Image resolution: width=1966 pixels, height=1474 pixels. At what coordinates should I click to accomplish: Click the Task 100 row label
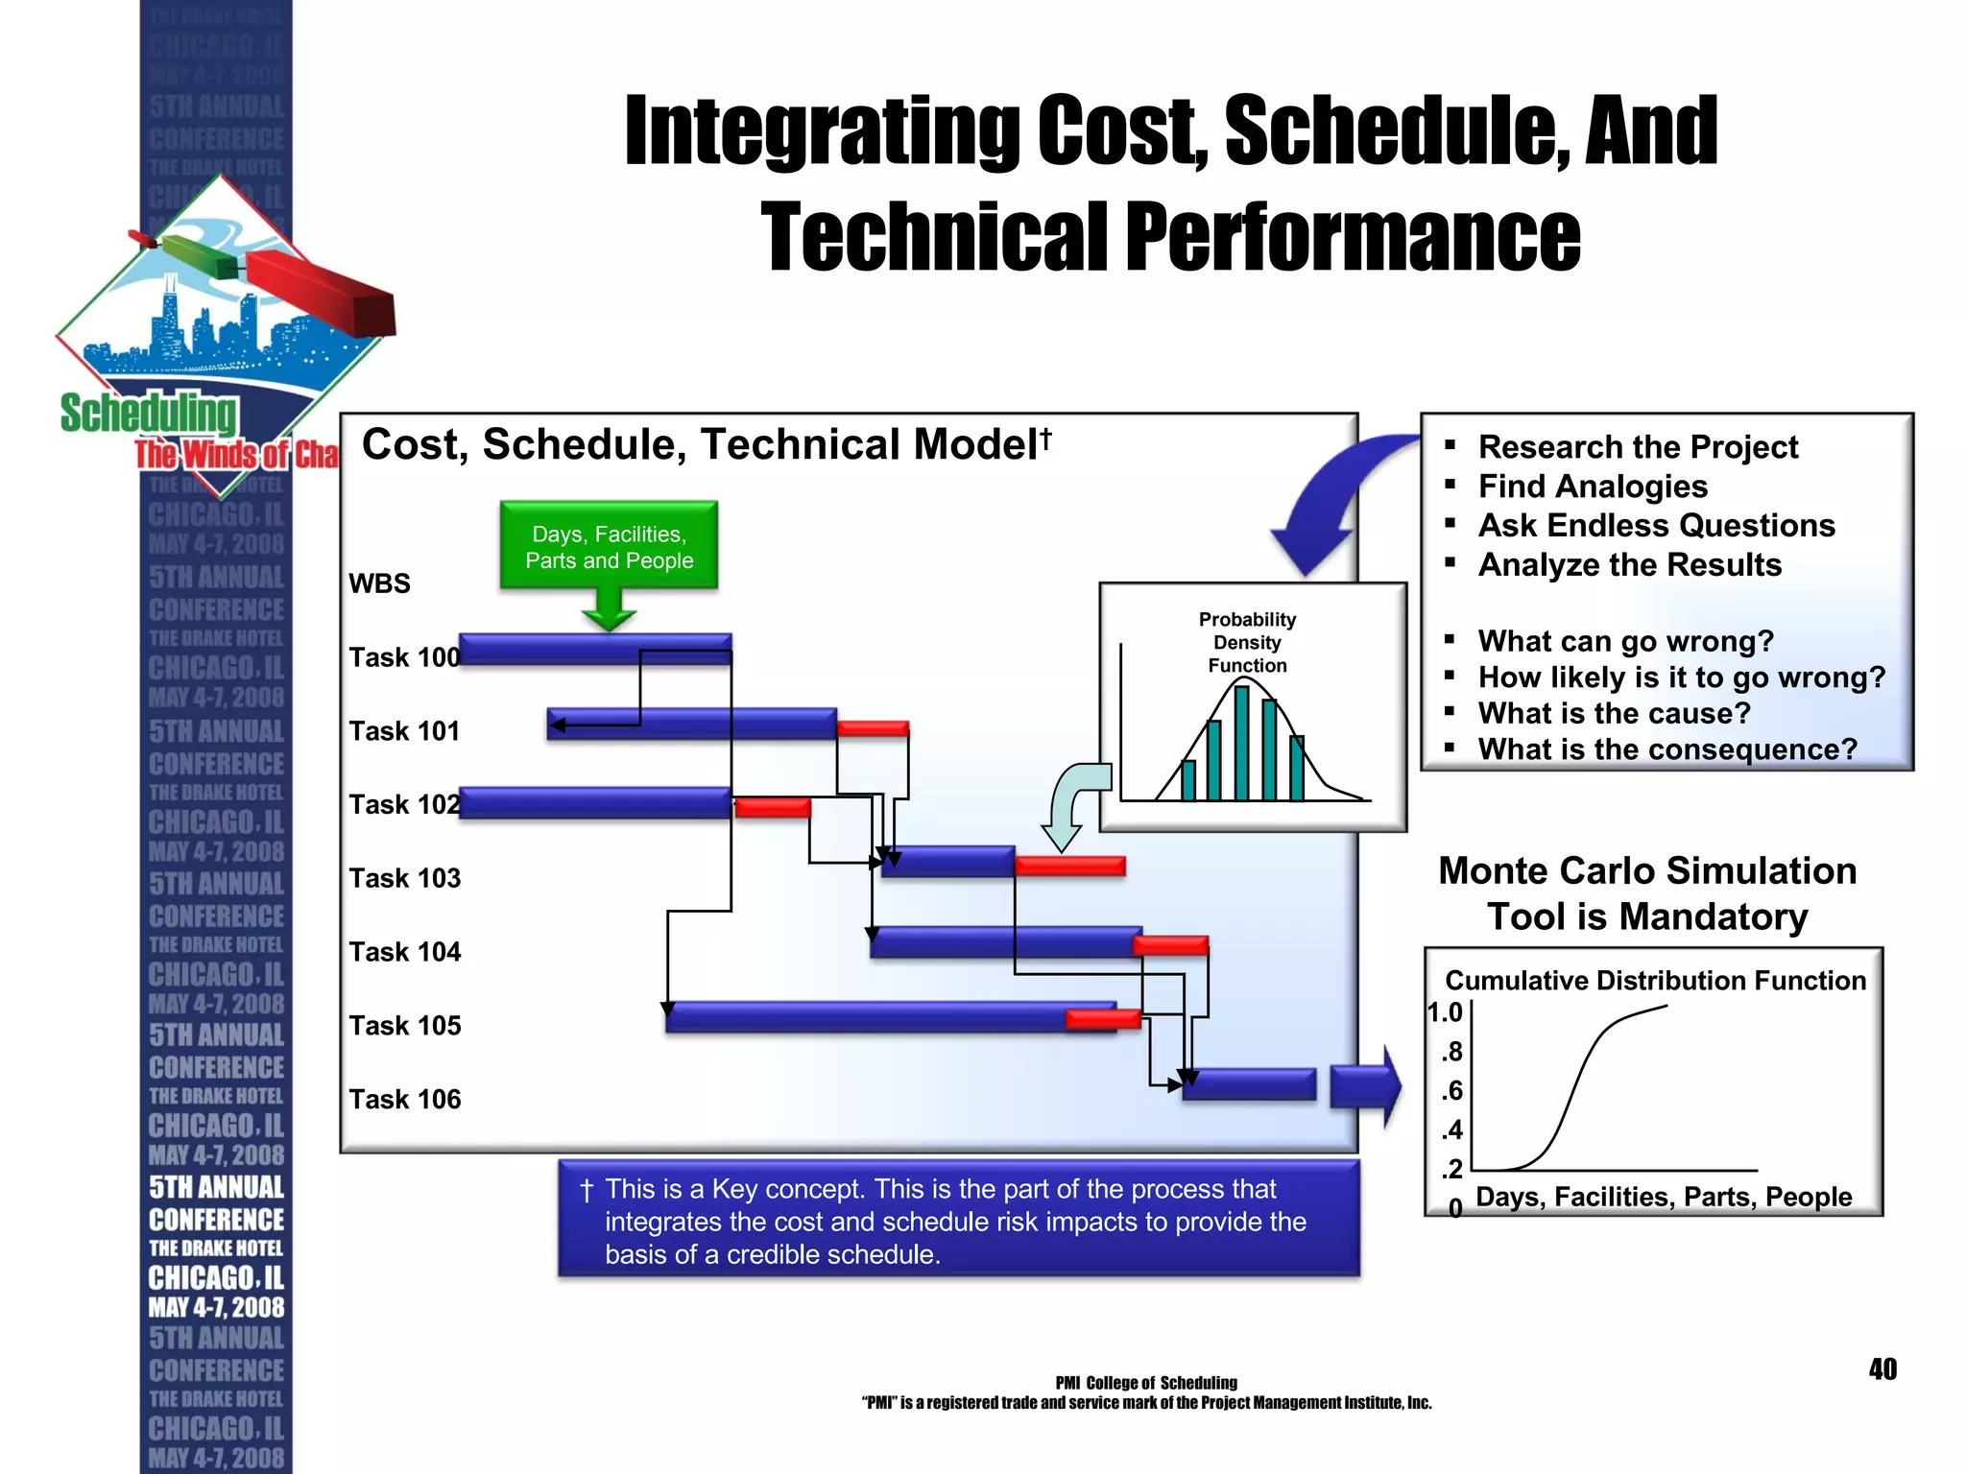404,657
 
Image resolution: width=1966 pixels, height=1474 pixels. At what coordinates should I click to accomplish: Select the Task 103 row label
404,878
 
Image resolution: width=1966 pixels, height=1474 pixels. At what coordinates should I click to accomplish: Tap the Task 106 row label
404,1099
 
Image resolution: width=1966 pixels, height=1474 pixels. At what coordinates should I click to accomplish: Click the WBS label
379,583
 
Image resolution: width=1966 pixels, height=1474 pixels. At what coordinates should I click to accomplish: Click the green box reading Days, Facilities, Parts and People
609,546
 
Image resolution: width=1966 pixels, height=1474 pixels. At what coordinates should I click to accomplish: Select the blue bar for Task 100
595,649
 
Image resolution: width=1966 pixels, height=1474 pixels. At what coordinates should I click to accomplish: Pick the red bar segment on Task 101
873,728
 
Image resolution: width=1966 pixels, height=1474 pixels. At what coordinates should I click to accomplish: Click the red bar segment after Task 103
1069,866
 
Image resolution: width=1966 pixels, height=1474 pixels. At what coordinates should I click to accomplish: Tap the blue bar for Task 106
1249,1084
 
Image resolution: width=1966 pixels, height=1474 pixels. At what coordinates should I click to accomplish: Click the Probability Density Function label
1247,642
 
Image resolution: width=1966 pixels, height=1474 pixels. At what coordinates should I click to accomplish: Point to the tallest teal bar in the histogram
1242,743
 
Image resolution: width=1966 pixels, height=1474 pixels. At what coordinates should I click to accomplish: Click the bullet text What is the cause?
1614,713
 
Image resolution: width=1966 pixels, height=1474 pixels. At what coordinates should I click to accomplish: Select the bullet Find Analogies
1593,487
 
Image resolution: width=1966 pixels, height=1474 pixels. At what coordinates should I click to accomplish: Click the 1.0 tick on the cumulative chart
1445,1012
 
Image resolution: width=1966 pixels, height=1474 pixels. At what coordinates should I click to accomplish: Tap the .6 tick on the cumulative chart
1452,1091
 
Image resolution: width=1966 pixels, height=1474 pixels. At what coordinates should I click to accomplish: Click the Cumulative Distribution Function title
1655,980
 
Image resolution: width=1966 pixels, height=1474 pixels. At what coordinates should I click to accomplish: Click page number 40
1882,1369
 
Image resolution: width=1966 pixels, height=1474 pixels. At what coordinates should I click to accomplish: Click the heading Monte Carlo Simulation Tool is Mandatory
1647,893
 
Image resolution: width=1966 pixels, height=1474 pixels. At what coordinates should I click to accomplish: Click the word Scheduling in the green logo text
148,413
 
